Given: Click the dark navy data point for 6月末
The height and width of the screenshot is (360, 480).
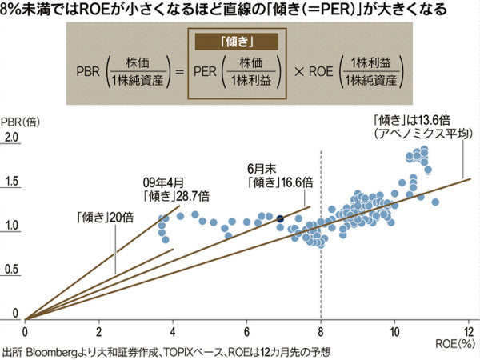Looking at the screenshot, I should click(280, 218).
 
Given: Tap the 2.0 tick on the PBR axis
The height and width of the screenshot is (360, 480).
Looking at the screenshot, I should click(11, 138).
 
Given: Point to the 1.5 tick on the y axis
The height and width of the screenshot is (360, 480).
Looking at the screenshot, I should click(11, 182).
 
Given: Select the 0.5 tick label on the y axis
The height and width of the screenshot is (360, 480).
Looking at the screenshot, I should click(11, 270).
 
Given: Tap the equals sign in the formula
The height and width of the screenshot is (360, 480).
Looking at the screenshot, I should click(178, 71).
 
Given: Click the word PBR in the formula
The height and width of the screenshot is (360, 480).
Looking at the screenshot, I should click(86, 71).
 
